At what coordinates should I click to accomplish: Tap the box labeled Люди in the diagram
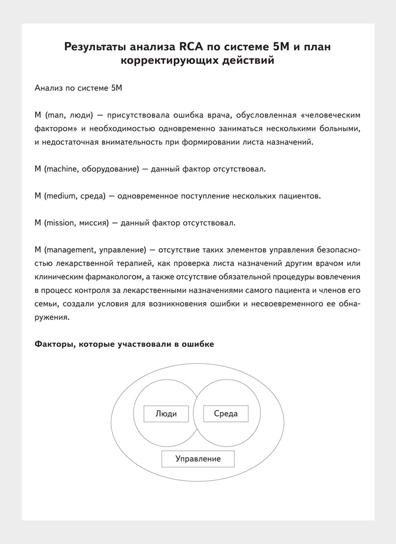(166, 414)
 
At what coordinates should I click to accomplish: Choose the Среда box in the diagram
(225, 414)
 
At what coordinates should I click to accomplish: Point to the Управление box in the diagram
(198, 459)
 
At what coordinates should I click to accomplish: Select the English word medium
(61, 196)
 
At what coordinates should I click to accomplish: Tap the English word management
(71, 250)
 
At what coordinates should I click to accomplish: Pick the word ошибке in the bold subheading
(197, 344)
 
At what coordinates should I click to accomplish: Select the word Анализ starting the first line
(48, 88)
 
